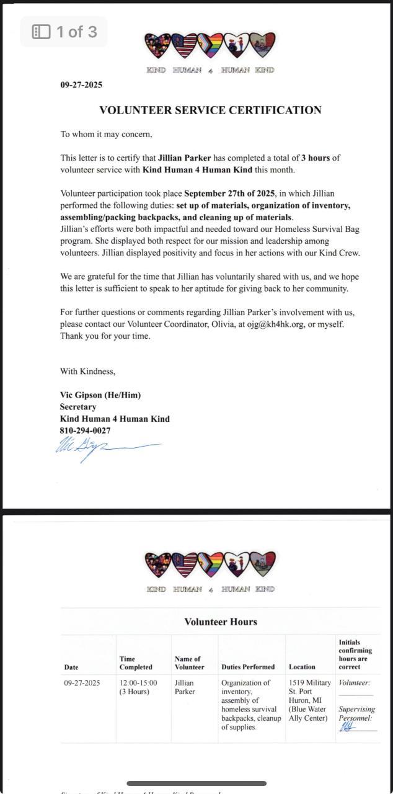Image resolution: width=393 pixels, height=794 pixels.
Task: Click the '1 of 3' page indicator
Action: coord(64,32)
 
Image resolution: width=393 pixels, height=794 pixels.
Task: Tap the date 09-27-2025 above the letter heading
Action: coord(81,85)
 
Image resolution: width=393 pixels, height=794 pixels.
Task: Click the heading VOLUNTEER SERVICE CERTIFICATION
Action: coord(210,110)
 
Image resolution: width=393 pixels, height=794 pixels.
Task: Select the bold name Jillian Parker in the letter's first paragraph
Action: coord(184,158)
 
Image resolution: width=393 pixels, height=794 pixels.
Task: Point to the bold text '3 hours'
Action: coord(316,158)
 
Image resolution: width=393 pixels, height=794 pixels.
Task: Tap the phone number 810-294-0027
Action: coord(85,430)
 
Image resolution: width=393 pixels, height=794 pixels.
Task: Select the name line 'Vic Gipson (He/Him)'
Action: coord(100,395)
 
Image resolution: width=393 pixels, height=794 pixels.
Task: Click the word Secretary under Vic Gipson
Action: coord(78,407)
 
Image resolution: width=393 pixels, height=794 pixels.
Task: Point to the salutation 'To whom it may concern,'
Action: coord(106,134)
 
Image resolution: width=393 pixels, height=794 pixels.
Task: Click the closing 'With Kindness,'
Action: coord(87,372)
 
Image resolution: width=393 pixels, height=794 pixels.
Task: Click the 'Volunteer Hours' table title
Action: coord(221,622)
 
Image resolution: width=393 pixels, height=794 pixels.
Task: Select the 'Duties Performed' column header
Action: coord(248,667)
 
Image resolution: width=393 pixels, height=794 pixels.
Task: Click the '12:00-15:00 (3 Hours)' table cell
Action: coord(138,687)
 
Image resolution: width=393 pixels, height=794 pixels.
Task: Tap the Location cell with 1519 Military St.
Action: coord(310,700)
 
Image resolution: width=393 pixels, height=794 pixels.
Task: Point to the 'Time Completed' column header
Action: coord(136,663)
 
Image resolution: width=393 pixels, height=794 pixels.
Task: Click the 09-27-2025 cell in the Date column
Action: coord(82,683)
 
